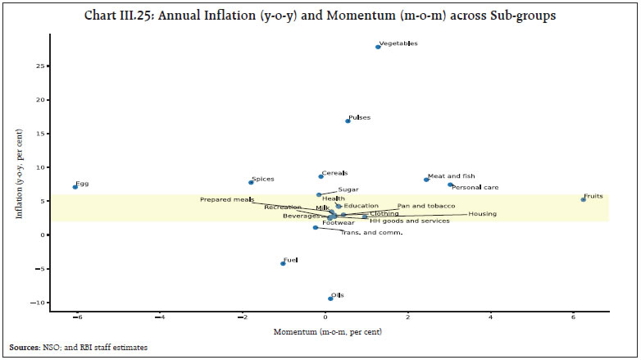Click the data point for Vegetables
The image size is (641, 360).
click(378, 47)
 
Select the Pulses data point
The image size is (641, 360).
click(348, 121)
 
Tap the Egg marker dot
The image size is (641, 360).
click(75, 187)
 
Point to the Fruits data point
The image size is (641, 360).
click(584, 199)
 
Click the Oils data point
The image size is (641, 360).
click(330, 298)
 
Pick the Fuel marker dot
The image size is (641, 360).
click(283, 263)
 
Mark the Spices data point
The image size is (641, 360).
click(251, 182)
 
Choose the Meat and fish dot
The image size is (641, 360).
click(426, 180)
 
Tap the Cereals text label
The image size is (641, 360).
click(334, 173)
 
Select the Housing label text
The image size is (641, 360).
click(482, 214)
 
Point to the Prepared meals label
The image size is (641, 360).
click(226, 199)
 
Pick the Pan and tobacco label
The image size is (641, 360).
click(425, 206)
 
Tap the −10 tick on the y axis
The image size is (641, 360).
click(37, 303)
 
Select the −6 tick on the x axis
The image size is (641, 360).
click(75, 318)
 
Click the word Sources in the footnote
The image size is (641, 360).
click(24, 348)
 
